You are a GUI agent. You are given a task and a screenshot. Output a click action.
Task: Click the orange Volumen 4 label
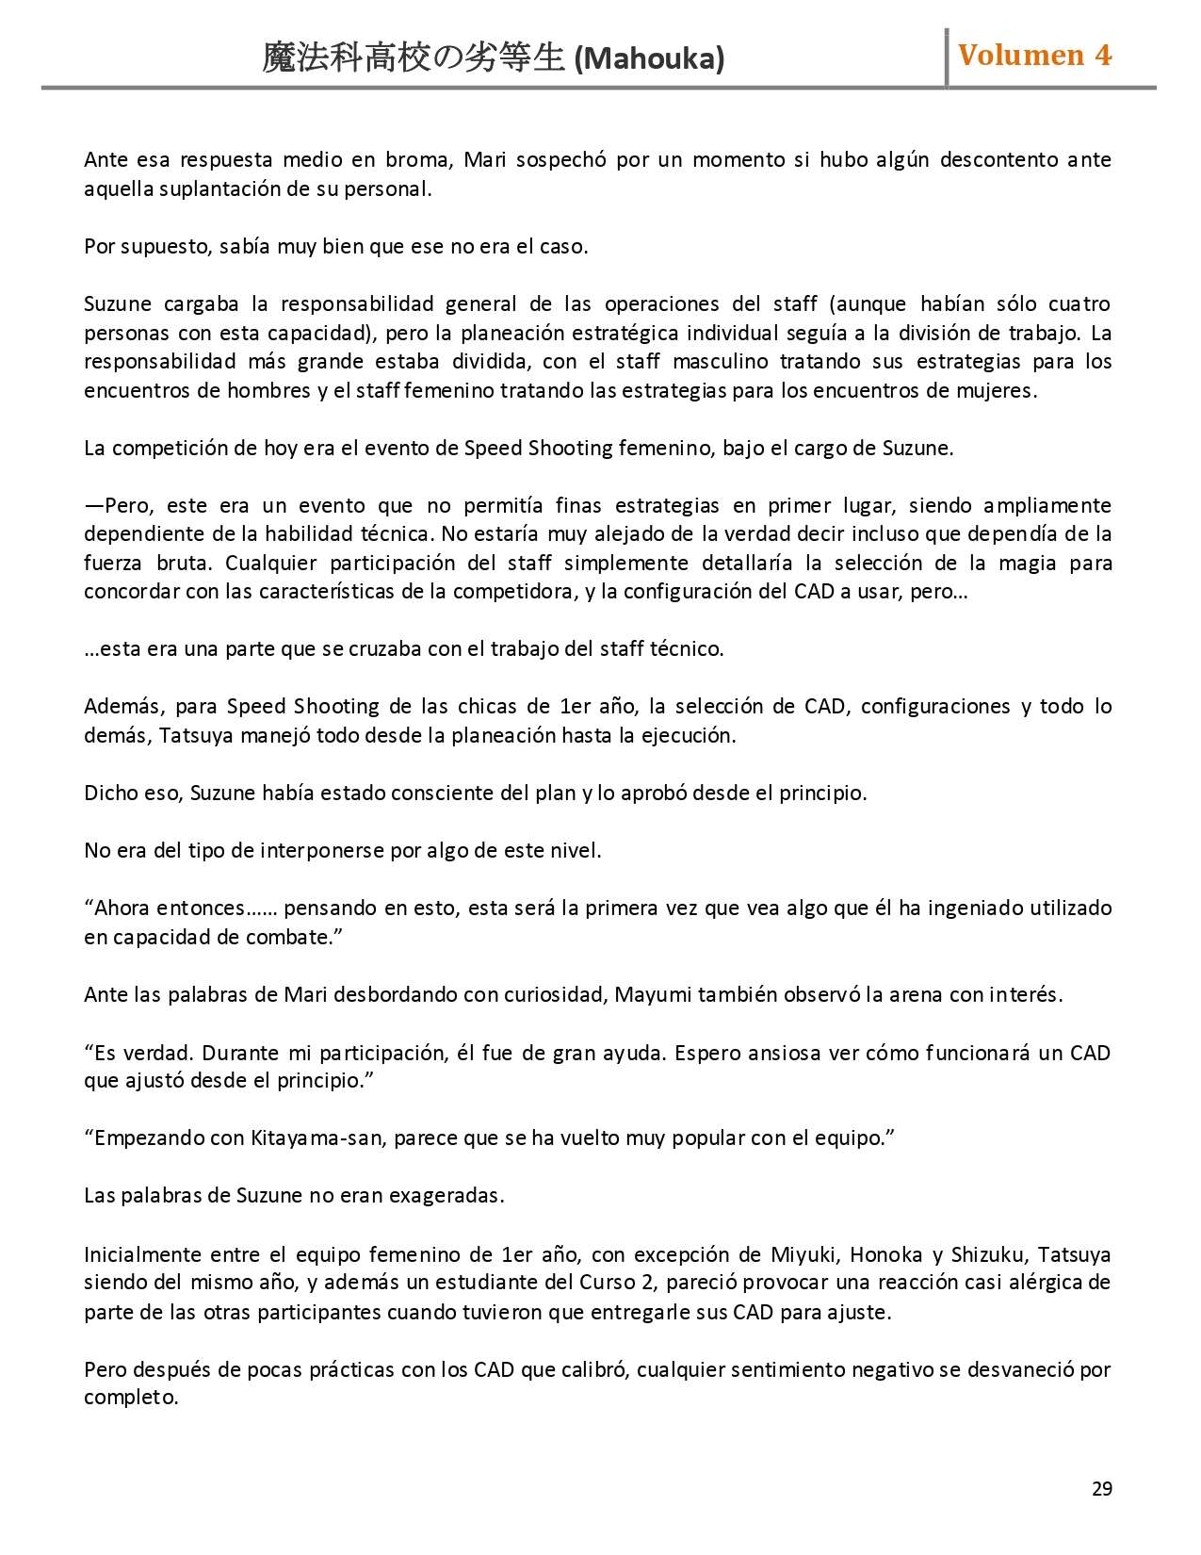(x=1034, y=56)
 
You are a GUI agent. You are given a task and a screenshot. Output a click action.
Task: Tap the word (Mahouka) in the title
(x=649, y=58)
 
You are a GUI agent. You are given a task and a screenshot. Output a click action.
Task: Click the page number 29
(x=1101, y=1489)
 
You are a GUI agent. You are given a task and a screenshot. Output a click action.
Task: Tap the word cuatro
(x=1079, y=303)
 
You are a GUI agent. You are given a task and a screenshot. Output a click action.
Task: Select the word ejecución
(x=687, y=735)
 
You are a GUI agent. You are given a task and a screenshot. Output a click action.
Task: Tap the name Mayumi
(x=652, y=994)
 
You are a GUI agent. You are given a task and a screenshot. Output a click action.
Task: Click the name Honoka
(x=885, y=1254)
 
